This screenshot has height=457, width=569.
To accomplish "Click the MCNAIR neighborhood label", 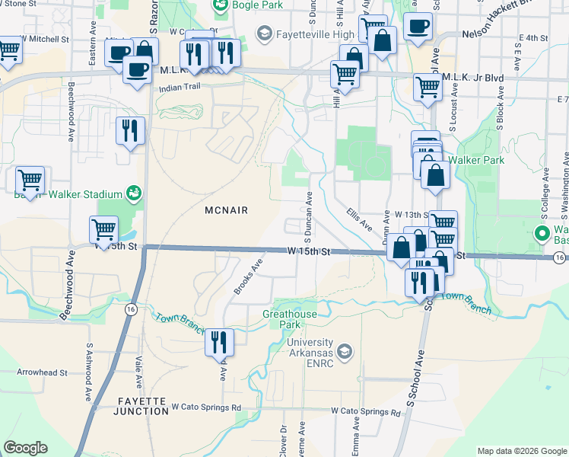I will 227,209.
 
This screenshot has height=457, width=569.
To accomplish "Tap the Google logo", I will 25,448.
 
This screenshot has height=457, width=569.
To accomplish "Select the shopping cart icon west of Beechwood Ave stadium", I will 30,180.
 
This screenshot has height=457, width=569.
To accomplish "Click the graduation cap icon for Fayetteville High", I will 264,34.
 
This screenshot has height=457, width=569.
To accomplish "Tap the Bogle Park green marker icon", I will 221,7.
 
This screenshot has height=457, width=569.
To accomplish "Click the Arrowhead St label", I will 43,372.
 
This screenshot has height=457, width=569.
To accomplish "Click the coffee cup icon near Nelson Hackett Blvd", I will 417,27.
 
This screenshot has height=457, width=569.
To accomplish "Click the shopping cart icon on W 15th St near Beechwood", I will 103,228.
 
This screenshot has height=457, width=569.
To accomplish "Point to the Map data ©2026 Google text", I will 520,450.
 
